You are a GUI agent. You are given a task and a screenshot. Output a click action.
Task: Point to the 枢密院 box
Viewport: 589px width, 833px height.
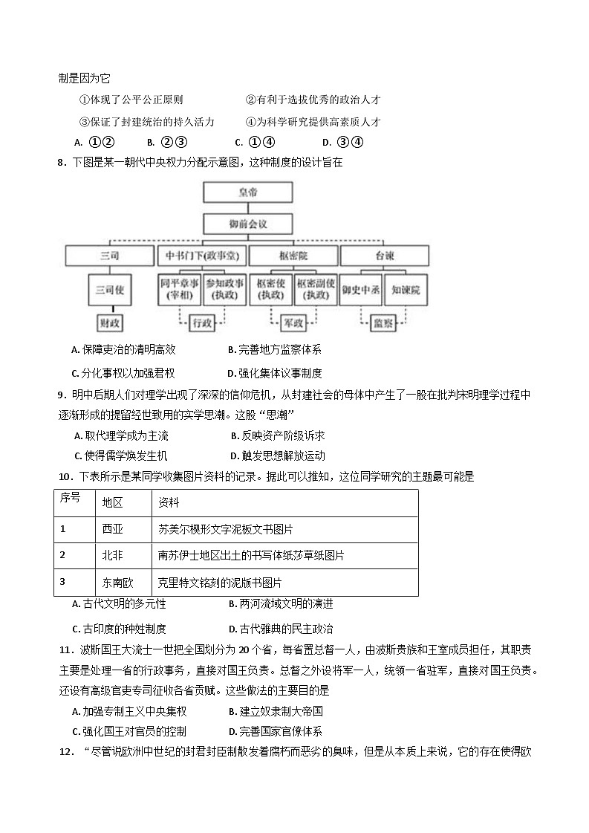(x=293, y=256)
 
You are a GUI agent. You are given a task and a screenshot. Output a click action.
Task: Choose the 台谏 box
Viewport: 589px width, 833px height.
(x=385, y=256)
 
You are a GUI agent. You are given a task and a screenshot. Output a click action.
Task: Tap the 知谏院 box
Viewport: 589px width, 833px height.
(x=407, y=291)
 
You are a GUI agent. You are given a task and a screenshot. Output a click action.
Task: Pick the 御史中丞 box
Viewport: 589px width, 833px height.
(x=361, y=291)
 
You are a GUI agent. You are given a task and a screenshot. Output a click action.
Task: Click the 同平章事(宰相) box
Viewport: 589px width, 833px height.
(x=178, y=291)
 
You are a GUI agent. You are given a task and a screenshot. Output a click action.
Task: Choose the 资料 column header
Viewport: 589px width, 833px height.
(x=169, y=502)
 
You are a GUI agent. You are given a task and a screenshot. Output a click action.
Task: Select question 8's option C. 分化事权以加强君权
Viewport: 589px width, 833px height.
(x=123, y=373)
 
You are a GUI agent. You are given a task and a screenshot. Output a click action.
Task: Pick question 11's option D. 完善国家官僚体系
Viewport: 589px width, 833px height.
(x=276, y=731)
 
